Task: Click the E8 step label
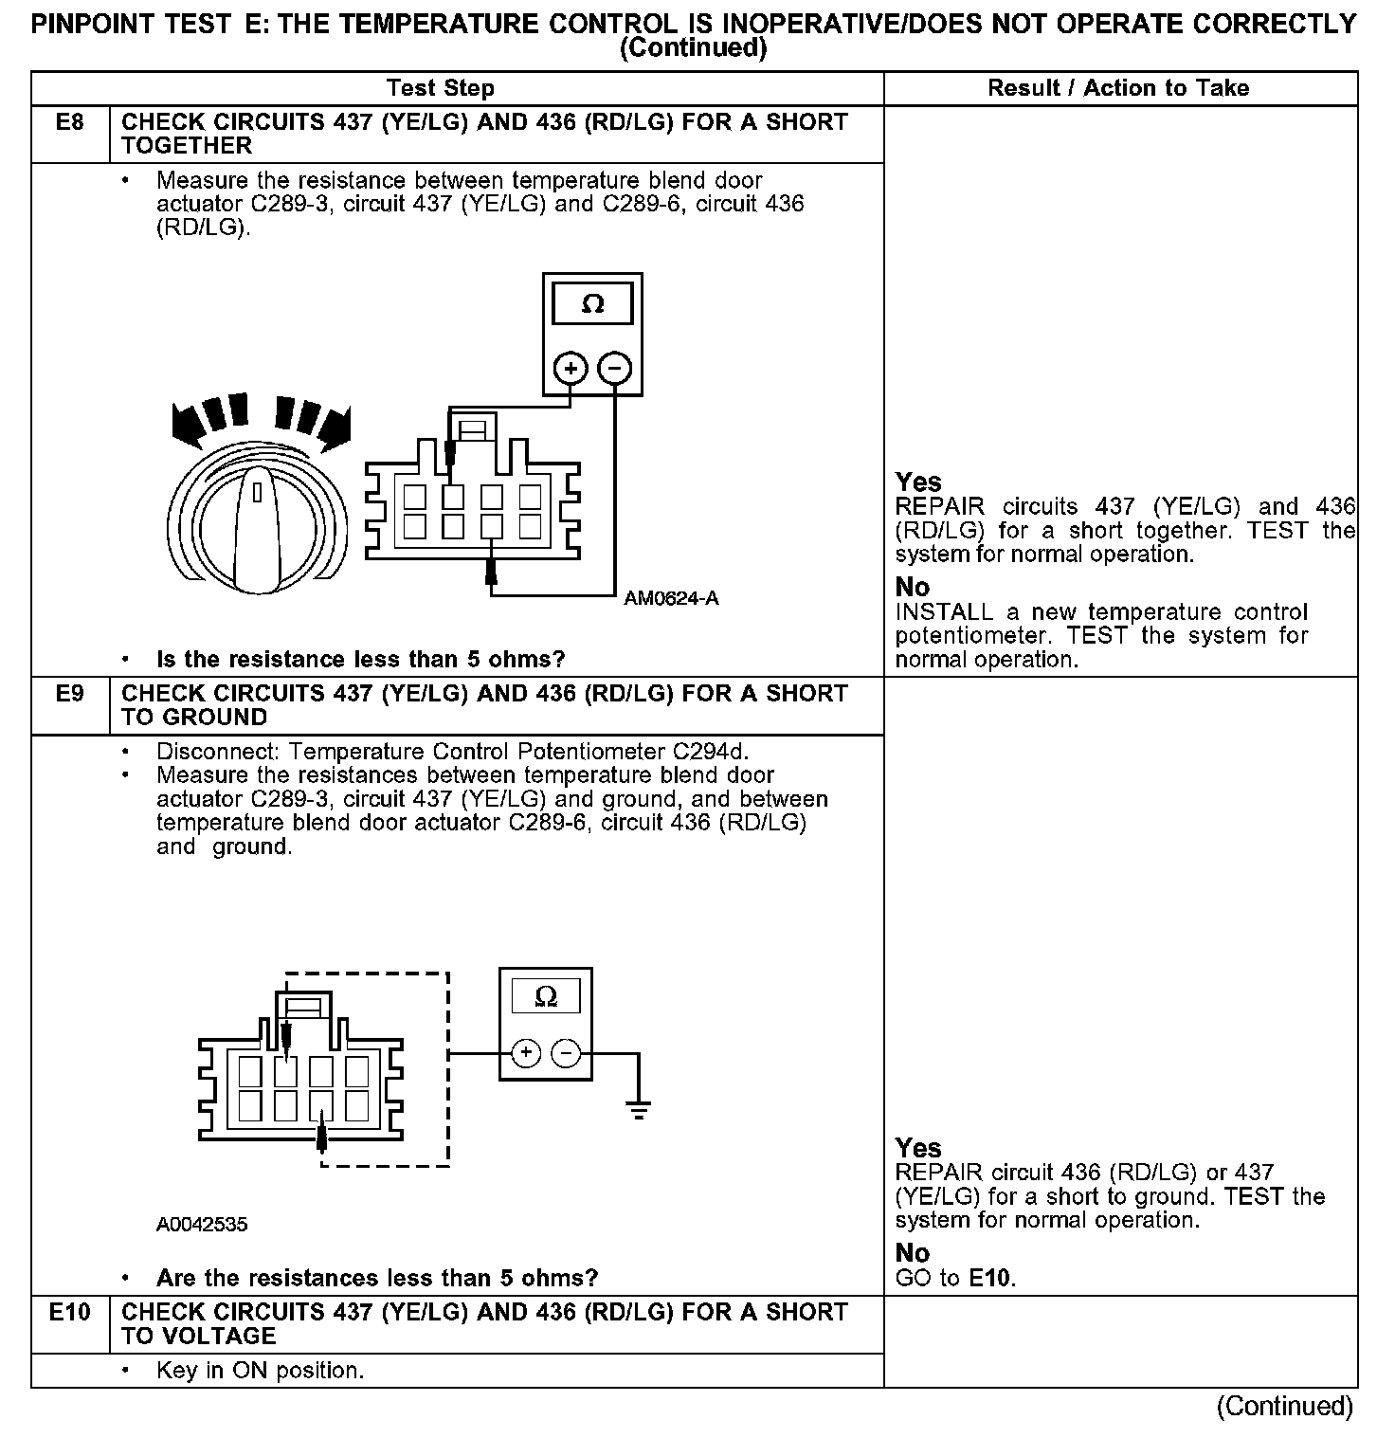(70, 122)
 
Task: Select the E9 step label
(70, 694)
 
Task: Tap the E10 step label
(70, 1313)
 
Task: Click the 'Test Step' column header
(441, 88)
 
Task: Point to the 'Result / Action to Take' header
(1118, 88)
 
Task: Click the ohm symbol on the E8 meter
(592, 304)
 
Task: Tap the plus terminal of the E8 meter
(571, 368)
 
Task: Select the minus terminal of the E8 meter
(616, 368)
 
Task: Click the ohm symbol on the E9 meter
(546, 997)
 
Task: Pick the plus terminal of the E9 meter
(527, 1053)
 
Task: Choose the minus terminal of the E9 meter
(566, 1053)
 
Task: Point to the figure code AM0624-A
(671, 598)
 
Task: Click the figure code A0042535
(202, 1225)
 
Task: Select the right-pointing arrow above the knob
(332, 427)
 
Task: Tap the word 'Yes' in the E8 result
(918, 482)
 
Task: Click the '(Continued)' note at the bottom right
(1285, 1406)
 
